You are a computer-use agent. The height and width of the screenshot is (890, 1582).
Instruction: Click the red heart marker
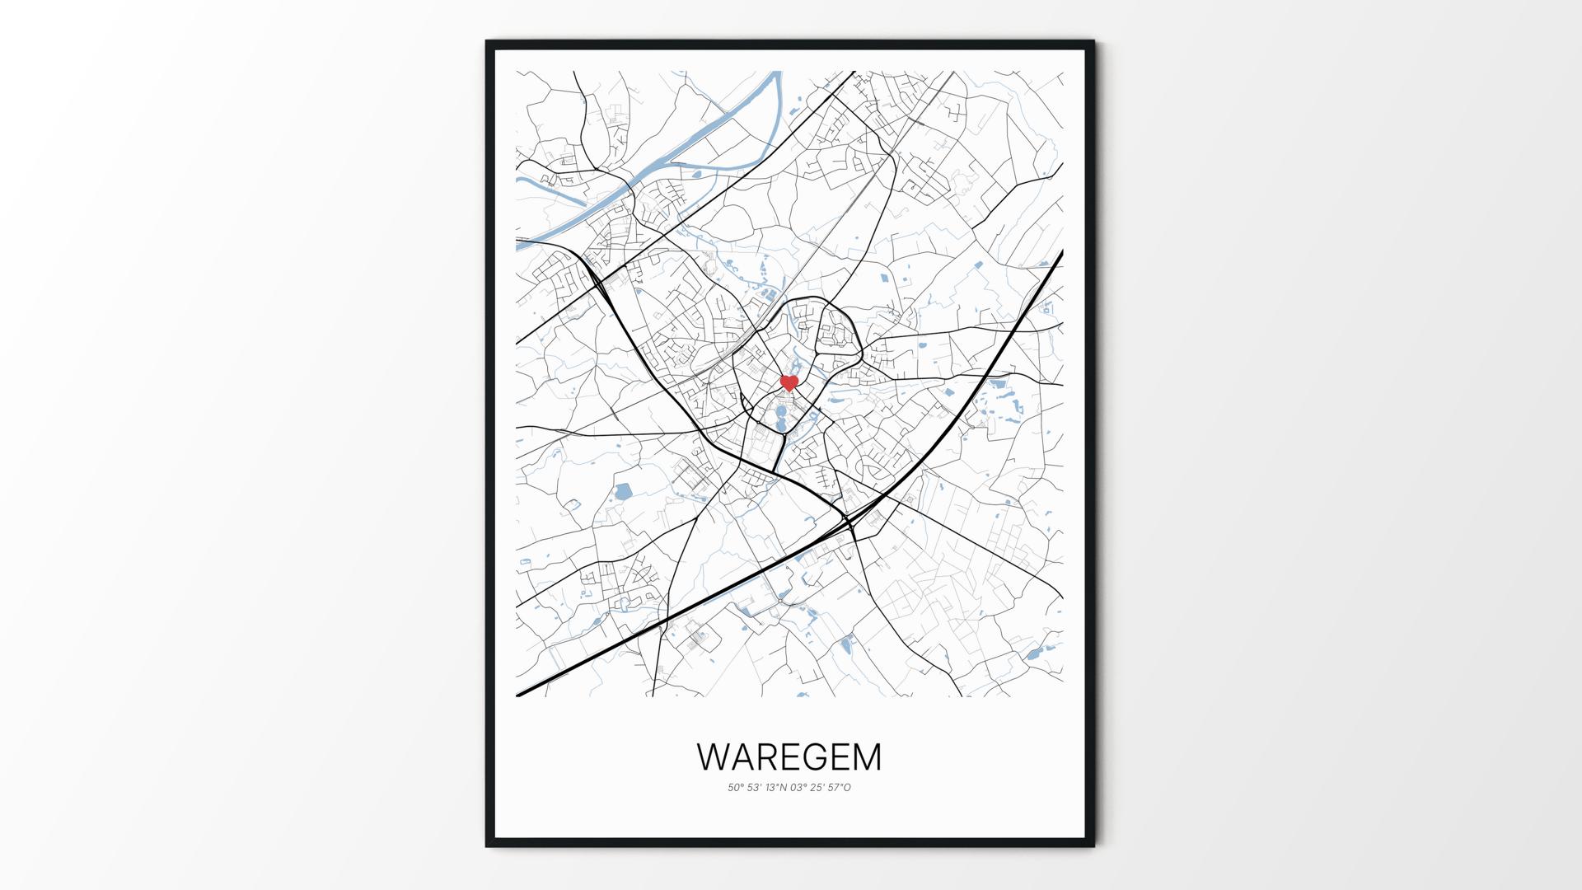789,382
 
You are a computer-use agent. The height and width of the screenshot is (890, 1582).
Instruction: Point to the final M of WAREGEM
865,757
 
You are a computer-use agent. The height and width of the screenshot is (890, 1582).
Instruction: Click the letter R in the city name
765,757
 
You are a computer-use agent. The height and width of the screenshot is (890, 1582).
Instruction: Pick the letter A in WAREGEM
740,757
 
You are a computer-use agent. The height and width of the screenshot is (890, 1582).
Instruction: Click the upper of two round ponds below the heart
781,410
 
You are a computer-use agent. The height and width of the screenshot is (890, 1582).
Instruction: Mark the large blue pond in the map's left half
623,493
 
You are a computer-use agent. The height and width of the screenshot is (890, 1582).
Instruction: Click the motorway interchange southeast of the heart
848,519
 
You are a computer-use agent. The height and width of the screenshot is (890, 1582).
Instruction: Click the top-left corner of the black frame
486,40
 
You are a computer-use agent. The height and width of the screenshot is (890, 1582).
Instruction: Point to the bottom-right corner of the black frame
1094,846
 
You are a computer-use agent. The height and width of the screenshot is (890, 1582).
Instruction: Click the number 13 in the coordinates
771,788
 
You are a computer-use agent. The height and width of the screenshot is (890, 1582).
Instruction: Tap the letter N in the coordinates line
783,788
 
